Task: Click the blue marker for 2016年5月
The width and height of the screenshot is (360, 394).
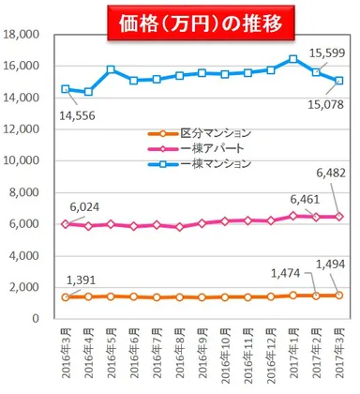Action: point(111,69)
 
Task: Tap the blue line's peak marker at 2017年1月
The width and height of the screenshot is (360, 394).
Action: point(293,59)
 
